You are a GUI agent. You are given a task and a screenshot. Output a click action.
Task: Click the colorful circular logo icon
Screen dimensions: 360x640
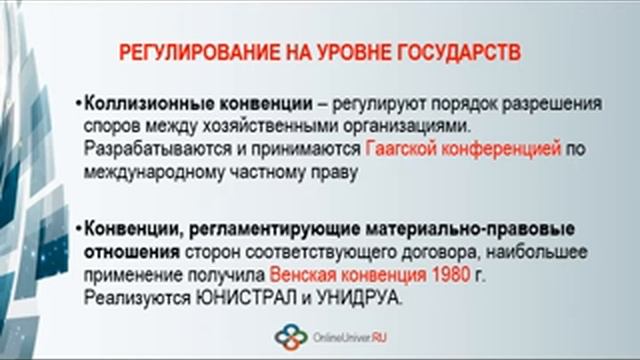[x=291, y=337]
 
